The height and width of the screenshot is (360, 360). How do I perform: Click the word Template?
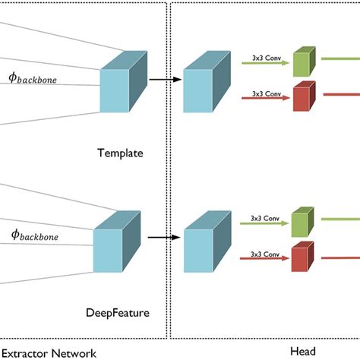120,153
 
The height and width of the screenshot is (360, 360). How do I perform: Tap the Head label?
303,351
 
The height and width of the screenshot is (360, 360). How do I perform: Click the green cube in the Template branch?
303,62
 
